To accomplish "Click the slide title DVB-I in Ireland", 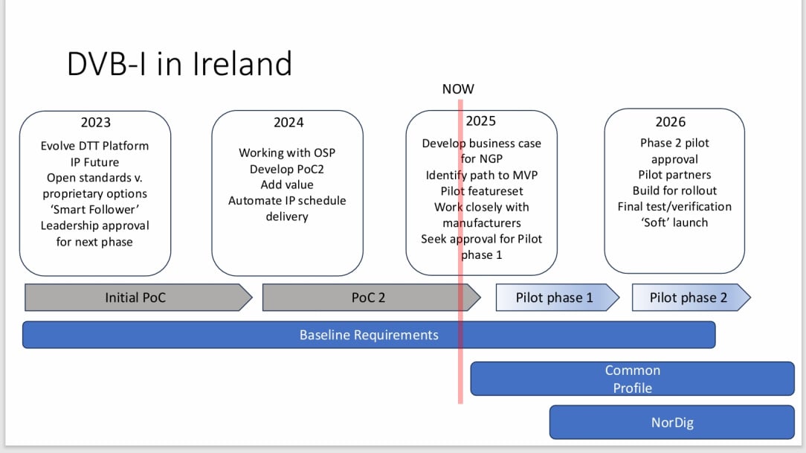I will pyautogui.click(x=179, y=64).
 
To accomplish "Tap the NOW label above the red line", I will pyautogui.click(x=458, y=89).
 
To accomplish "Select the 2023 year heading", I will pyautogui.click(x=95, y=123).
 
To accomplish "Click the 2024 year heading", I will pyautogui.click(x=288, y=123).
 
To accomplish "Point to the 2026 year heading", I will pyautogui.click(x=670, y=122).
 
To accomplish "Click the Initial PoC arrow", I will pyautogui.click(x=135, y=298).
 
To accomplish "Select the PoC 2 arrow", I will pyautogui.click(x=368, y=298).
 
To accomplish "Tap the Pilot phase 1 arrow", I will pyautogui.click(x=555, y=298).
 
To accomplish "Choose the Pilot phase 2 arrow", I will pyautogui.click(x=689, y=298).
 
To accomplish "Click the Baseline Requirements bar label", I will pyautogui.click(x=369, y=335).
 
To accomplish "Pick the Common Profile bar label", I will pyautogui.click(x=632, y=379).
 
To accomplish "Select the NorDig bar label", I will pyautogui.click(x=671, y=423).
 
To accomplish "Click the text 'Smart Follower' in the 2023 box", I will pyautogui.click(x=95, y=210).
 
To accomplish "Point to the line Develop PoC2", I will pyautogui.click(x=287, y=169).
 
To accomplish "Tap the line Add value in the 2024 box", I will pyautogui.click(x=287, y=184).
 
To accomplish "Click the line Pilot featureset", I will pyautogui.click(x=481, y=191).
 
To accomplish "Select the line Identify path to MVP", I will pyautogui.click(x=481, y=176).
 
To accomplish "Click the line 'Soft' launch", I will pyautogui.click(x=674, y=222).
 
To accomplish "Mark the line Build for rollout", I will pyautogui.click(x=674, y=190).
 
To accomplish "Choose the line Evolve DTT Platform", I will pyautogui.click(x=95, y=146).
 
